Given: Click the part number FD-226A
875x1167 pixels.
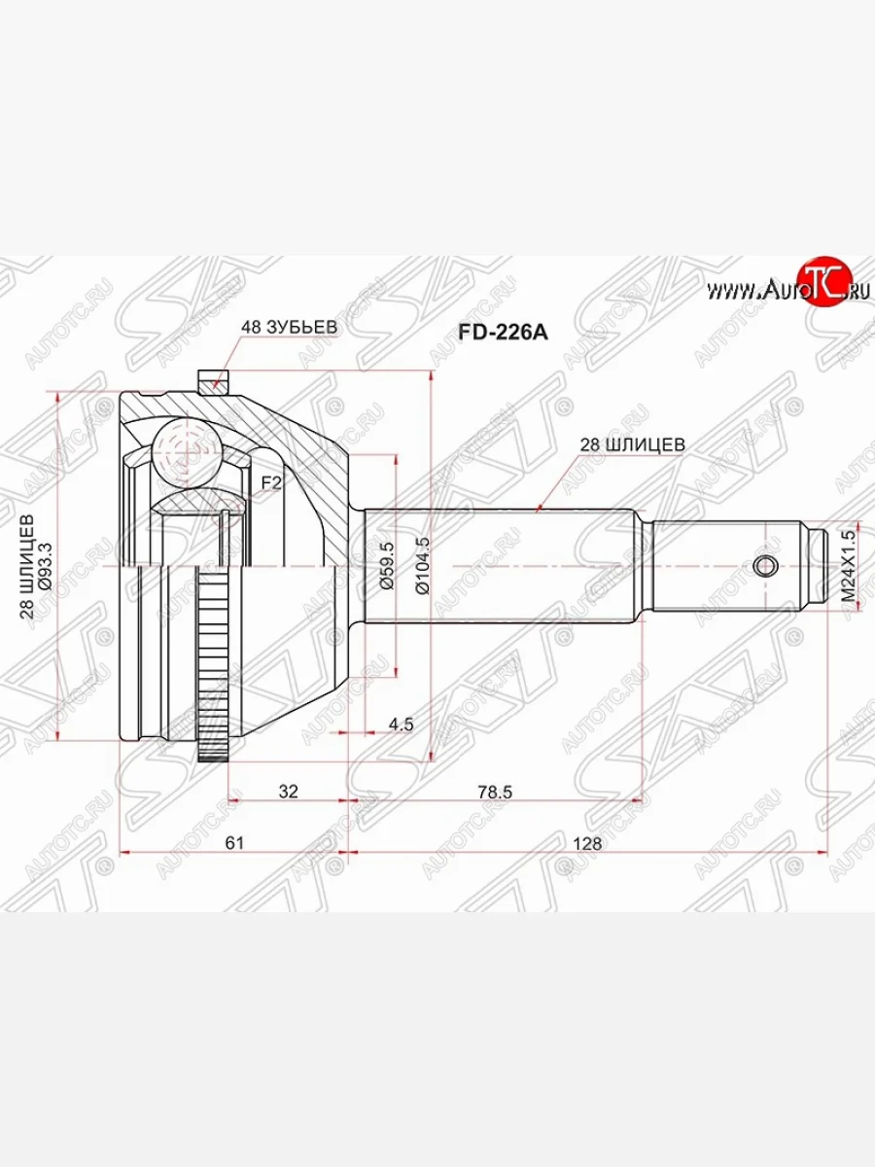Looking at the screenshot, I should tap(503, 333).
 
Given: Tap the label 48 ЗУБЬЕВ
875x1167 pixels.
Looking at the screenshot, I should tap(290, 328).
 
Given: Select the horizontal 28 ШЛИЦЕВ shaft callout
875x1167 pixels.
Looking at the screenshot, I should tap(633, 443).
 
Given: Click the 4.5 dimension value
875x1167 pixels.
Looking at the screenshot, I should tap(401, 725).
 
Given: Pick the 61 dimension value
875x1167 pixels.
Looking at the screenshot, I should tap(233, 843).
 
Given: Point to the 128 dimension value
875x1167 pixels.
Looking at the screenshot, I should tap(588, 843).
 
